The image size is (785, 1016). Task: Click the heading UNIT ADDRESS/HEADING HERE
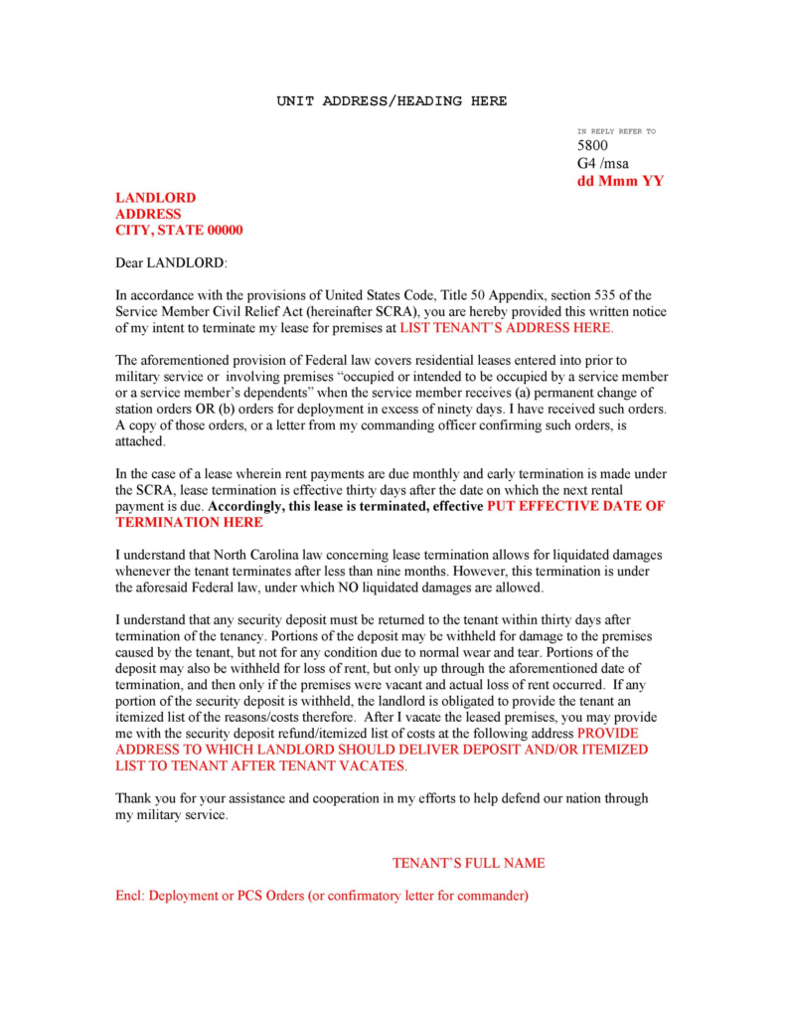[392, 101]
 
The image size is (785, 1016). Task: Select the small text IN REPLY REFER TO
[616, 131]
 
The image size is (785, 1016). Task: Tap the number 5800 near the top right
[593, 146]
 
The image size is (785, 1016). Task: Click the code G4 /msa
[603, 163]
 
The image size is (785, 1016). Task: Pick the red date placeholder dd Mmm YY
[620, 181]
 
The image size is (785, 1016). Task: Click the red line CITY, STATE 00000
[179, 230]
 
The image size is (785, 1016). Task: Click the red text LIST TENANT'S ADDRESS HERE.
[507, 327]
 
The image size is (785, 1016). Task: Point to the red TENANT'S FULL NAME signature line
[468, 863]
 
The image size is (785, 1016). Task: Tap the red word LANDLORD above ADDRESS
[156, 198]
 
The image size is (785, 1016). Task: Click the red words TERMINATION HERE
[189, 522]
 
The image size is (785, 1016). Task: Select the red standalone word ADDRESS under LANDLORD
[149, 214]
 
